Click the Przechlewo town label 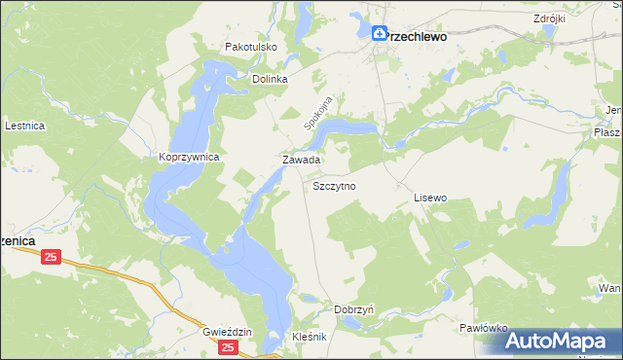(x=417, y=35)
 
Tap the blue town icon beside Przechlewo (x=379, y=32)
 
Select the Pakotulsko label (x=252, y=46)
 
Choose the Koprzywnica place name (x=190, y=157)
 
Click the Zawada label (x=301, y=159)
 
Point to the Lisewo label (x=429, y=198)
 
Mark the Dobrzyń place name (x=354, y=309)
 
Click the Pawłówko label (x=484, y=329)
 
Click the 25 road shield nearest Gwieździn (x=228, y=346)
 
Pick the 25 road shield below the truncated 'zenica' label (x=52, y=257)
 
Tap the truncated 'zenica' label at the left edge (x=18, y=239)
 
